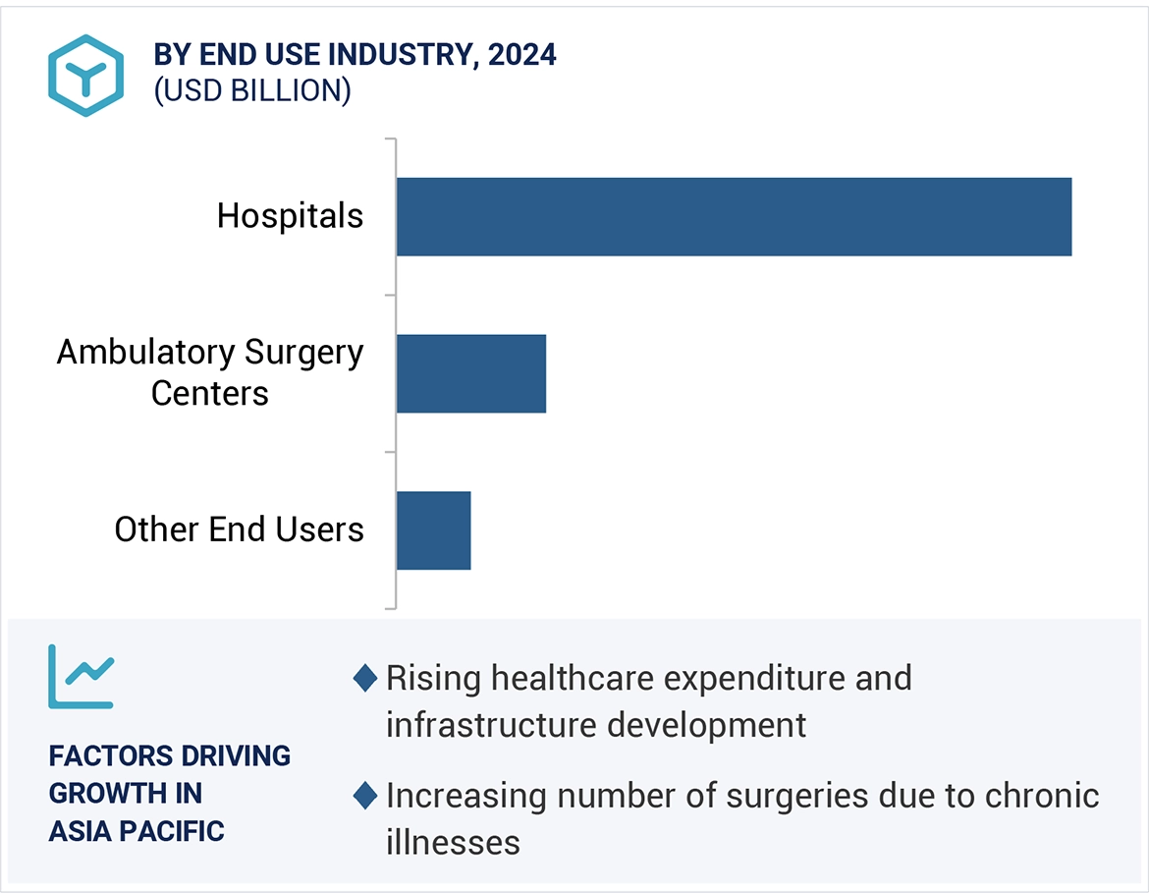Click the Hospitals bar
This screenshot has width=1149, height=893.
pos(734,217)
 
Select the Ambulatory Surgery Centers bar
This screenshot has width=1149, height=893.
pos(471,373)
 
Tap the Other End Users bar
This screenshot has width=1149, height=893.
pos(433,530)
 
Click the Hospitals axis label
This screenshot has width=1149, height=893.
pos(290,216)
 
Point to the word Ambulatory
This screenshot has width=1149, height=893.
pos(145,352)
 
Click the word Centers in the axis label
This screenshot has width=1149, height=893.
pos(209,393)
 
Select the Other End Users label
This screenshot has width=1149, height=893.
pos(239,530)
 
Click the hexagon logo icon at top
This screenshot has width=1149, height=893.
pos(86,76)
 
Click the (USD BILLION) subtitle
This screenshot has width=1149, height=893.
pos(252,90)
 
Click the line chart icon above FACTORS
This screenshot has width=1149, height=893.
pos(81,676)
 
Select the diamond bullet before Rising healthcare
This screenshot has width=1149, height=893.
pos(364,678)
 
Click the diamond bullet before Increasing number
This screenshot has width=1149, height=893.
pos(364,796)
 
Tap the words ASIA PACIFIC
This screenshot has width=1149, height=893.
pos(137,831)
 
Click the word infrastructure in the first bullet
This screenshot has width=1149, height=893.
pos(491,725)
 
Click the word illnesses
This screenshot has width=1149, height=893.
pos(453,842)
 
